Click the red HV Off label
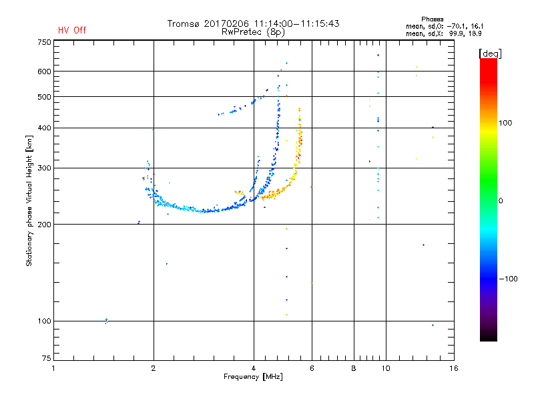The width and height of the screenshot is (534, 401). pos(72,30)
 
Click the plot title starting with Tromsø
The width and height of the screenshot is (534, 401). pos(254,23)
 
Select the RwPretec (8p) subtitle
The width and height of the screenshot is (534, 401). pos(254,31)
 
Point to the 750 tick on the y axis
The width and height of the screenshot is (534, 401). pos(44,42)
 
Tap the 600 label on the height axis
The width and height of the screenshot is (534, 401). pos(44,71)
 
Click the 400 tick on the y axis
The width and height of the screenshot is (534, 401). pos(44,128)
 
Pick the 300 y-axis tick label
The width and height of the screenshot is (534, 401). pos(44,168)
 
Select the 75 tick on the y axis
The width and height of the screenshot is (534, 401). pos(47,358)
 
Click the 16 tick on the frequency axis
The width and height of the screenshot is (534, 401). pos(453,368)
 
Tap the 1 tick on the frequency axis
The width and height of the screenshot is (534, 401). pos(53,368)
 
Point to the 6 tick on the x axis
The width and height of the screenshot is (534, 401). pos(312,368)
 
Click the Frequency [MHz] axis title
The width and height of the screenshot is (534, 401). pos(253,377)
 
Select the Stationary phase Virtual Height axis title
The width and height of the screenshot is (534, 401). pos(29,201)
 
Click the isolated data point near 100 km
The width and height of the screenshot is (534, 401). pos(106,321)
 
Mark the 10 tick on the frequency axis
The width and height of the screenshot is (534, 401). pos(385,368)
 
